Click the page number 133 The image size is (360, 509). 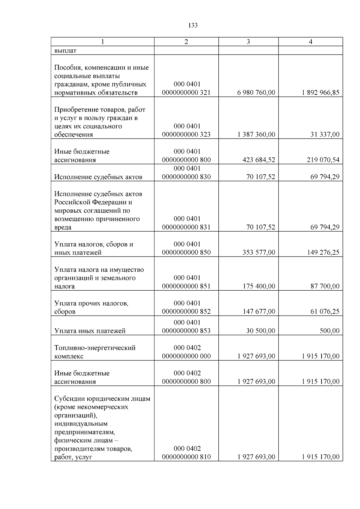point(193,25)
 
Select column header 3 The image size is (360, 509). point(248,42)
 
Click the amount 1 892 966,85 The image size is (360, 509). point(320,93)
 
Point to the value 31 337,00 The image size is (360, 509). point(325,135)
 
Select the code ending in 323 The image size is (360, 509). point(186,134)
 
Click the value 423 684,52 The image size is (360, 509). point(259,160)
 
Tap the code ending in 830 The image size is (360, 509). point(186,177)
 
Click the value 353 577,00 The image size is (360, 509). point(259,253)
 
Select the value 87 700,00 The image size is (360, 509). point(325,286)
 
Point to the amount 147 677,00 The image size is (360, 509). point(259,312)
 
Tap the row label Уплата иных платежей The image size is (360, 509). point(90,331)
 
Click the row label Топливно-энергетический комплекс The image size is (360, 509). point(94,352)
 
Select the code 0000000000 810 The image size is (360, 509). point(186,457)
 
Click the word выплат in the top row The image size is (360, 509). point(65,51)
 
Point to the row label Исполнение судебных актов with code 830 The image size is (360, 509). point(98,177)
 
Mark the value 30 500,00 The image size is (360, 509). point(260,331)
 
